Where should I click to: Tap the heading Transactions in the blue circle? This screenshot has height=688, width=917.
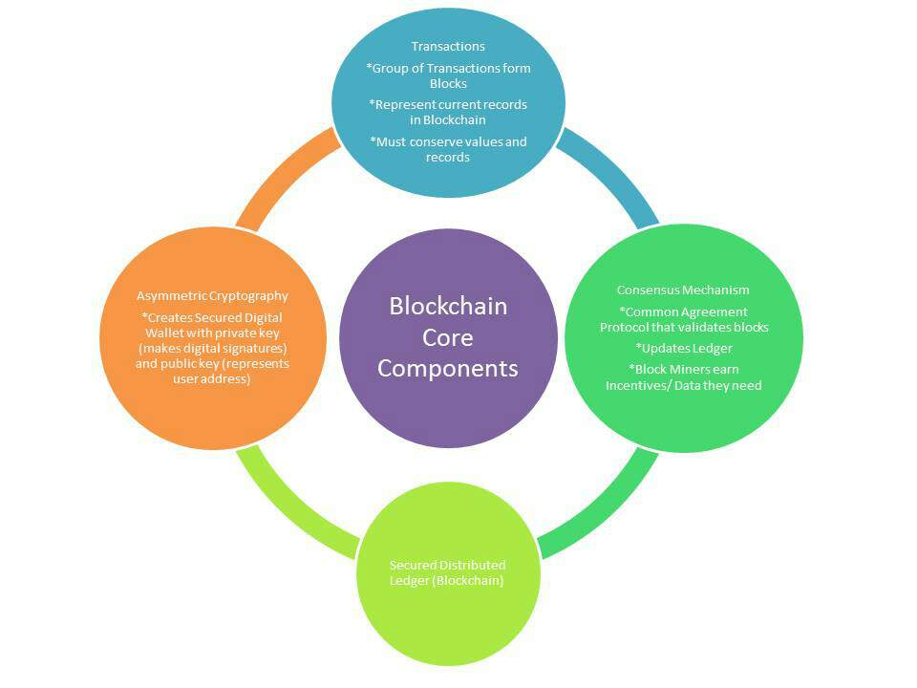pos(448,46)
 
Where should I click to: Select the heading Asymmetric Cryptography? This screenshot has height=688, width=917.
pos(212,296)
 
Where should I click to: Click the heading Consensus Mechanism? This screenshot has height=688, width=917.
pos(683,290)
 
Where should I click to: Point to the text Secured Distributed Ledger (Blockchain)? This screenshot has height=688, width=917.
pos(447,573)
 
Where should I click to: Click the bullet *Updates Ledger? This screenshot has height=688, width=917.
pos(683,348)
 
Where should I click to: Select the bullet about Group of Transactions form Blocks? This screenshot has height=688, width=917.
pos(448,75)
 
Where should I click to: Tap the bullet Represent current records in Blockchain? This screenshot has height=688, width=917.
pos(448,112)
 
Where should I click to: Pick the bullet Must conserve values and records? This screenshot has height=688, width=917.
pos(448,149)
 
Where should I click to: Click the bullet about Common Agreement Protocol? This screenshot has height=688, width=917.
pos(683,319)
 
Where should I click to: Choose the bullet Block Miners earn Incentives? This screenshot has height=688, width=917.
pos(683,376)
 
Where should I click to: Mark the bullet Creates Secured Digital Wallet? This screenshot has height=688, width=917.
pos(212,324)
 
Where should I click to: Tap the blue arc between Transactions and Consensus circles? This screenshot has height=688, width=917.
pos(611,177)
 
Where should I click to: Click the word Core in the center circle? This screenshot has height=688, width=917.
pos(448,337)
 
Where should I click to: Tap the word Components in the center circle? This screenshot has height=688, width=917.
pos(448,368)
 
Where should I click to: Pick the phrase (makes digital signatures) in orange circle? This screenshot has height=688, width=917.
pos(212,348)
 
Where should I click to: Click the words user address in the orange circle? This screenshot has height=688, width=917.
pos(212,379)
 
